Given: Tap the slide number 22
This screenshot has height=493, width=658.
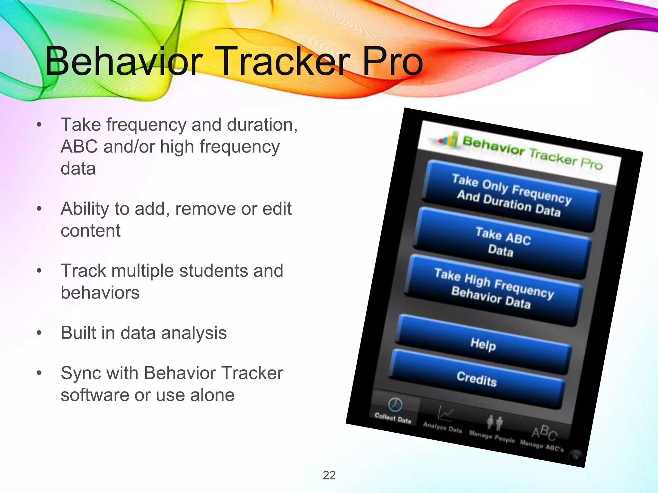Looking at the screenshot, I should point(329,475).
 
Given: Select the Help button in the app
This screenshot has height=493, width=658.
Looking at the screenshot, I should point(483,345).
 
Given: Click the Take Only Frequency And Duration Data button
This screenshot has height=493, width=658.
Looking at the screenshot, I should point(511,195).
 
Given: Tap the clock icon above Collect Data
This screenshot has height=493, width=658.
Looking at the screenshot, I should point(395,404).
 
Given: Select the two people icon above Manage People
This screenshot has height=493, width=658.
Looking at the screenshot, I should point(494,422).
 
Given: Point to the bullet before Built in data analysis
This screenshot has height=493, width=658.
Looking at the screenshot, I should point(39,333).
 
